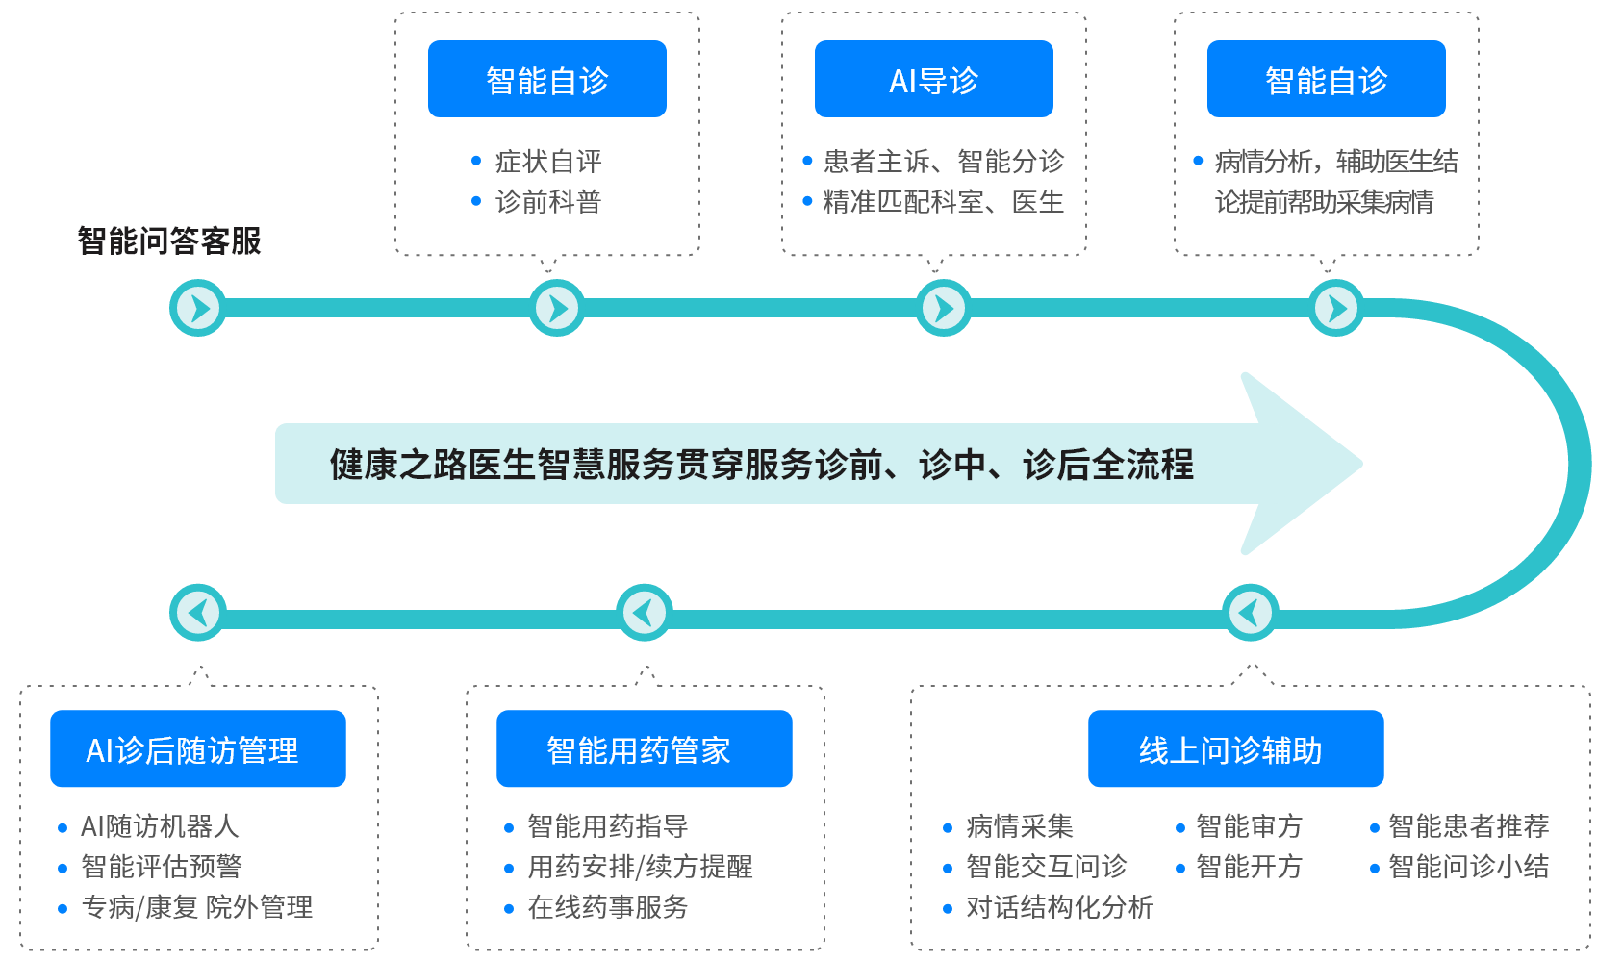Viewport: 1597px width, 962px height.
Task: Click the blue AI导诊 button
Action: [933, 79]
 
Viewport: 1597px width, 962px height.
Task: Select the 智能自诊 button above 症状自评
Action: [546, 79]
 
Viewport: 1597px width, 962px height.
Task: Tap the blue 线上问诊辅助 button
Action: [1235, 748]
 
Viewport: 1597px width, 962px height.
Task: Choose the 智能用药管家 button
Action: [644, 748]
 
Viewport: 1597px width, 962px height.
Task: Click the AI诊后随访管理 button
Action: [197, 748]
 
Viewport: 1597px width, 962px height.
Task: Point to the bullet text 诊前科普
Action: [547, 202]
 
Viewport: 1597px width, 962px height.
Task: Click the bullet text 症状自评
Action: [547, 161]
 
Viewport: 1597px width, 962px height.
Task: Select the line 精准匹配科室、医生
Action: [943, 202]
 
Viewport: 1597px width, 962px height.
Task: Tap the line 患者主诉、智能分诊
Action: [943, 161]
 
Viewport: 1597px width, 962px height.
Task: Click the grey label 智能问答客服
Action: [169, 240]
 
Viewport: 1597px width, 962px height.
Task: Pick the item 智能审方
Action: [1248, 826]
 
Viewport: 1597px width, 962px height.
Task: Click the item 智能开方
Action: [1248, 867]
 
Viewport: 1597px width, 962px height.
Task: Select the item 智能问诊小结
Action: [1468, 867]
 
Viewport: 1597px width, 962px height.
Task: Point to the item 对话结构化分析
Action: [1058, 907]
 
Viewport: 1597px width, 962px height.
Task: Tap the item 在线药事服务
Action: [607, 907]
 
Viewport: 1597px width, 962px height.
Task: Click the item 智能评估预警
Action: [161, 867]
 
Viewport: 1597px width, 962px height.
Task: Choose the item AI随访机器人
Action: [159, 826]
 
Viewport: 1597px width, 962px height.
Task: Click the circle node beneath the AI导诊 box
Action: [943, 308]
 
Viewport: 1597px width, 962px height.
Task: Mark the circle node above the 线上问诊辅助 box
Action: [1250, 612]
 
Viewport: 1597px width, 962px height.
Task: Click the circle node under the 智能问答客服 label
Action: [198, 308]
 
